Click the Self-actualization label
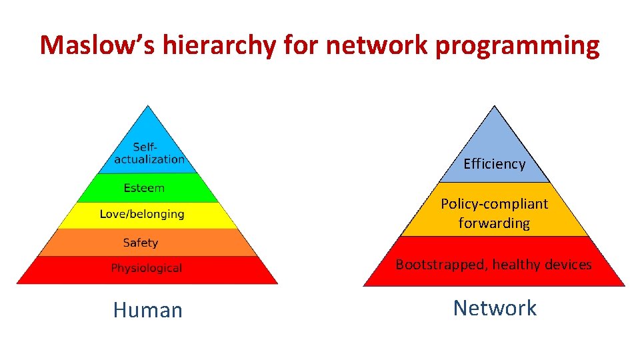coord(148,153)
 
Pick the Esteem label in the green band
coord(144,188)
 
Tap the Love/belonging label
coord(142,214)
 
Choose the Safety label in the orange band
coord(141,243)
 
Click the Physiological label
coord(146,268)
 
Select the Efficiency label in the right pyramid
coord(494,164)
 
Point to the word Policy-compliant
coord(494,203)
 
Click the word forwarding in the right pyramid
coord(494,223)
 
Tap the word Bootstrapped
coord(440,265)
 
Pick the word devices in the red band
coord(567,265)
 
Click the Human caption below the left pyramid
coord(147,310)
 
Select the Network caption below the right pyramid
coord(495,308)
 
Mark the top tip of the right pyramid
coord(494,107)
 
